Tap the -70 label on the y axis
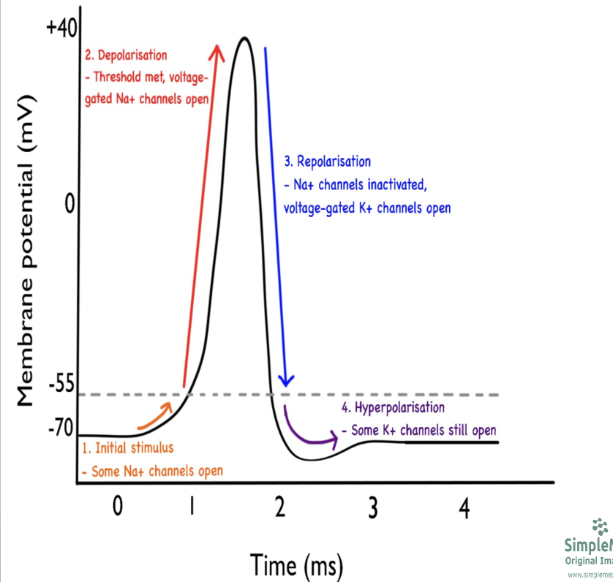coord(58,428)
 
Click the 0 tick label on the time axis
coord(118,507)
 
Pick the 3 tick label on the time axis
coord(373,509)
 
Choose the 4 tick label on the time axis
coord(463,509)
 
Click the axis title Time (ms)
coord(296,564)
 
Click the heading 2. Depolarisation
coord(126,55)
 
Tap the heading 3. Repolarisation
coord(327,161)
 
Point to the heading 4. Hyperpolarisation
coord(393,407)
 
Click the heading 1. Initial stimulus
coord(127,447)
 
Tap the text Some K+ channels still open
coord(424,430)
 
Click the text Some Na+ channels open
coord(152,471)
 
